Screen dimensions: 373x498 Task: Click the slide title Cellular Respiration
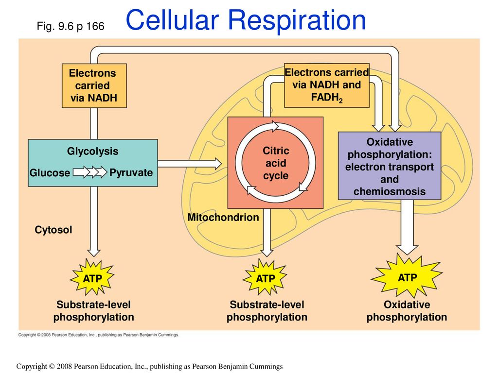246,21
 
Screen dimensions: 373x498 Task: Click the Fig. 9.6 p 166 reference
71,26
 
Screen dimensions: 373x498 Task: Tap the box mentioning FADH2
326,85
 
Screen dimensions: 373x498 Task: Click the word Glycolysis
92,152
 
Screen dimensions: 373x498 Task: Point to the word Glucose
50,173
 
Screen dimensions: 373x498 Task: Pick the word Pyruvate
131,173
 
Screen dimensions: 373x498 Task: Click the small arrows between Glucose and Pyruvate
90,173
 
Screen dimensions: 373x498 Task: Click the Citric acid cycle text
276,164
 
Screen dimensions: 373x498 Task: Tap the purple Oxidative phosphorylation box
389,166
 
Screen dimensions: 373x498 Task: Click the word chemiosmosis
389,192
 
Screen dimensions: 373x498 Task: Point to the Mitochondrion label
223,218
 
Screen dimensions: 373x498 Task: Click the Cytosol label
53,230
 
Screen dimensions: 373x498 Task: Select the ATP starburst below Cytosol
92,278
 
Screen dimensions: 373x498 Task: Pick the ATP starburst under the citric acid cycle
266,279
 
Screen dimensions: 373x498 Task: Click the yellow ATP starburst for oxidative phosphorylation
407,277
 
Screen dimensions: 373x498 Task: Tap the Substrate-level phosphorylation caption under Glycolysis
93,311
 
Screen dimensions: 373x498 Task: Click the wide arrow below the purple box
408,226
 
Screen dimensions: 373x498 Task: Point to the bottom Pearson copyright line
149,366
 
